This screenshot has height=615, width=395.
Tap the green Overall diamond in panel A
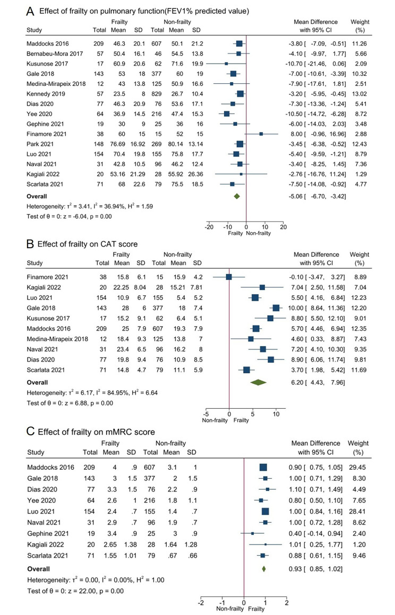pos(237,196)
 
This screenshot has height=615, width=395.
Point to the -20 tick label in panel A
pos(209,227)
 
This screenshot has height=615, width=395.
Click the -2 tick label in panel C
pos(200,603)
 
